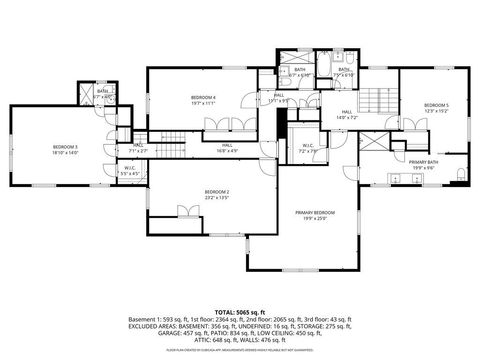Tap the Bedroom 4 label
click(x=204, y=97)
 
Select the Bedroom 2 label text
click(x=217, y=191)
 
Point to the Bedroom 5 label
click(x=436, y=105)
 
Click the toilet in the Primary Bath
click(x=459, y=174)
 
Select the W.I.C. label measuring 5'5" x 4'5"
click(x=131, y=168)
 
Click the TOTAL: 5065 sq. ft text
click(x=240, y=311)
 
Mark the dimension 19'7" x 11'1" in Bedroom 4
click(x=204, y=103)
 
